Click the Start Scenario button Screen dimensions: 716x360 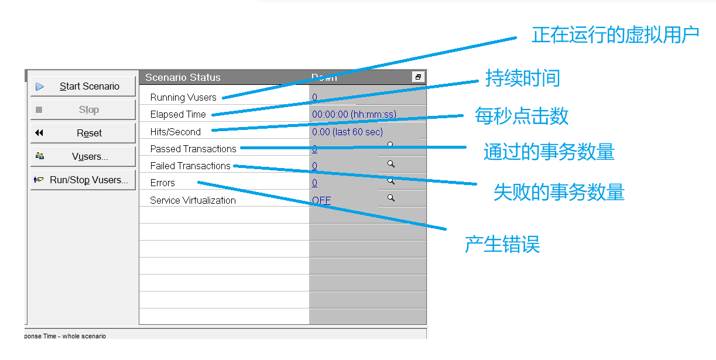(83, 87)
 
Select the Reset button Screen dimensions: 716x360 (83, 133)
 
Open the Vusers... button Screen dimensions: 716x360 (83, 157)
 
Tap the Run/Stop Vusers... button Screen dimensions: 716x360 (83, 180)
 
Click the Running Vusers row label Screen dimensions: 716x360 (183, 98)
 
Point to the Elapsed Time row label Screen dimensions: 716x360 (178, 115)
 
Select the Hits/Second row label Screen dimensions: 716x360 (175, 132)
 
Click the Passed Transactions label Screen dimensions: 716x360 (193, 149)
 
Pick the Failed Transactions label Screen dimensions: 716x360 (190, 166)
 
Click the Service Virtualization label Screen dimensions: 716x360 (193, 200)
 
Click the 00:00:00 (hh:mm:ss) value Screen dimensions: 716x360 (354, 115)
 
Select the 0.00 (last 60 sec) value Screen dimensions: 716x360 (347, 132)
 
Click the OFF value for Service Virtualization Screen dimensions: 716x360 (321, 200)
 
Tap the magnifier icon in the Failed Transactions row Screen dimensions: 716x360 (390, 164)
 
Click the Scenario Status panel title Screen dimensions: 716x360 (183, 78)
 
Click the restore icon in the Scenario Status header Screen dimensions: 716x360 (418, 77)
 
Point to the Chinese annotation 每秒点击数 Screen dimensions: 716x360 (521, 116)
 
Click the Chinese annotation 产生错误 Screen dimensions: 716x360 (502, 244)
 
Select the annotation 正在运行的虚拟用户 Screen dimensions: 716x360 (615, 35)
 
